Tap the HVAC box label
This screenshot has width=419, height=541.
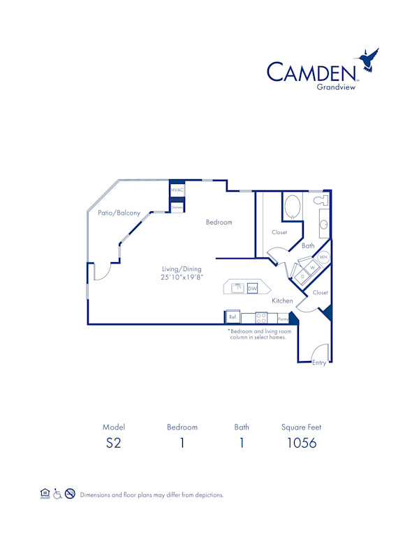[x=177, y=190]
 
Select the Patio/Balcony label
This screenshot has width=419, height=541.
[x=119, y=213]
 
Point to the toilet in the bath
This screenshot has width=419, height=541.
[x=321, y=201]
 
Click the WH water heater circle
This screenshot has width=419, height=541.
[x=323, y=257]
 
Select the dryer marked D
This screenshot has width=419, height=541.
[x=302, y=276]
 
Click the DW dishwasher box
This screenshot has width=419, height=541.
[x=252, y=288]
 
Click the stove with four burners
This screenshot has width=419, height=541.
[x=262, y=317]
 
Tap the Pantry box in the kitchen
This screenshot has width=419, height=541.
[x=282, y=318]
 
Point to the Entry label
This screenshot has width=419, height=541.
[x=319, y=362]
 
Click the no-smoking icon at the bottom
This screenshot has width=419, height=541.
[x=70, y=494]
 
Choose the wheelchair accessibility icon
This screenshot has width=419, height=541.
[x=57, y=494]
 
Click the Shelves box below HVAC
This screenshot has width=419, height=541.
[x=177, y=206]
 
